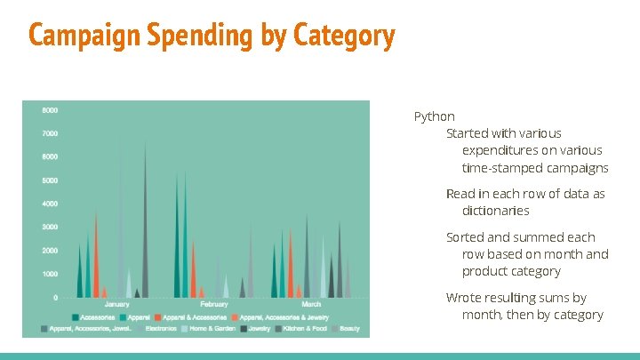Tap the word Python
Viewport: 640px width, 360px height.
tap(435, 116)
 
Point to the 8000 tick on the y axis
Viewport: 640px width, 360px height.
tap(50, 110)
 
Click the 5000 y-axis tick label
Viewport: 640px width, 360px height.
tap(50, 180)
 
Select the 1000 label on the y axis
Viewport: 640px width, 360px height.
tap(50, 274)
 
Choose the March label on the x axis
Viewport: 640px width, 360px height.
tap(311, 305)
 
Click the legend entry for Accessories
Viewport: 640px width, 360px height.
tap(99, 317)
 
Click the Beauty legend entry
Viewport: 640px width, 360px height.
tap(348, 329)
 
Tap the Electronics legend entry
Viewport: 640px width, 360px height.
tap(160, 329)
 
